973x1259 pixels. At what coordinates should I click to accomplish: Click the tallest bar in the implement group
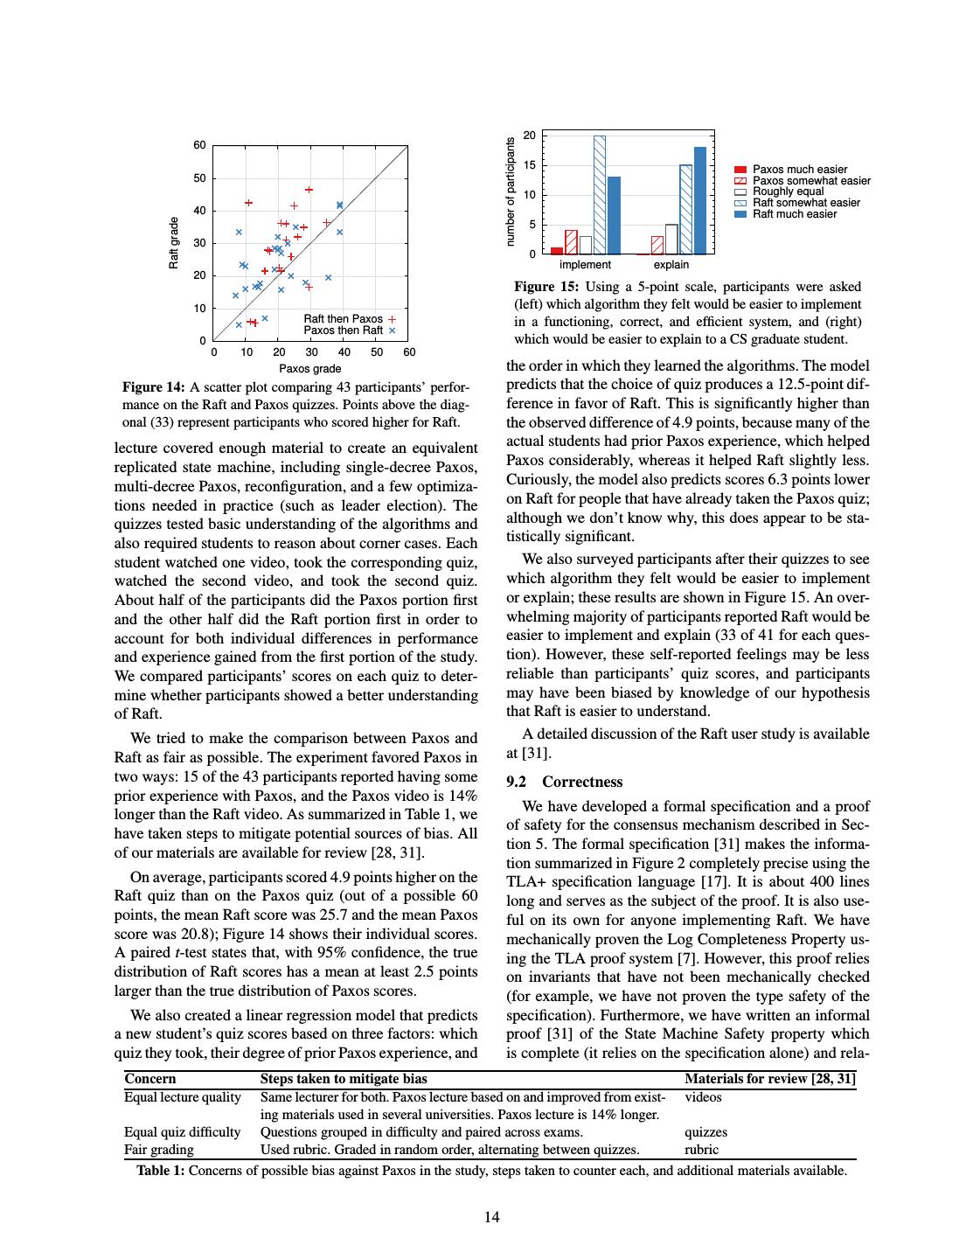[x=600, y=195]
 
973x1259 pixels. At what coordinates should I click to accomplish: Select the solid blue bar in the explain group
[x=700, y=200]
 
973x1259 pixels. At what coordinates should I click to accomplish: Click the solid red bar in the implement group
[x=557, y=251]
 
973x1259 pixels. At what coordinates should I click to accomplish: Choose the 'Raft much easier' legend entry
[x=794, y=214]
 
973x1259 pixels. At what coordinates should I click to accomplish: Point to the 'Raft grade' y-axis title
[x=174, y=243]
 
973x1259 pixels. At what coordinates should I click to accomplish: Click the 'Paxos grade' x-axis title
[x=310, y=369]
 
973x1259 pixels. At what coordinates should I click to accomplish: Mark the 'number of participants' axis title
[x=511, y=191]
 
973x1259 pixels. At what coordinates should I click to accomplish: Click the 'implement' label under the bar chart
[x=585, y=265]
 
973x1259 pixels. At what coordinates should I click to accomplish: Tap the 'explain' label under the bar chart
[x=671, y=265]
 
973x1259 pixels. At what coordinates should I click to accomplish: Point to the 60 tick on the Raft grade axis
[x=200, y=145]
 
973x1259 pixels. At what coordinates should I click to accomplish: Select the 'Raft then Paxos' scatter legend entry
[x=349, y=319]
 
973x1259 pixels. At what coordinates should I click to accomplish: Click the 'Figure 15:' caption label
[x=546, y=287]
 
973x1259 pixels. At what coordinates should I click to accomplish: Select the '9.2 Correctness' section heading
[x=565, y=782]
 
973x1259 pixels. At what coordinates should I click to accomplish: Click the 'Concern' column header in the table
[x=149, y=1079]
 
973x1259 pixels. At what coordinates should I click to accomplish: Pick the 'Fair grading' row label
[x=159, y=1150]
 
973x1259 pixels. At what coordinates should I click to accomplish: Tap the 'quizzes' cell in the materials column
[x=705, y=1132]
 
